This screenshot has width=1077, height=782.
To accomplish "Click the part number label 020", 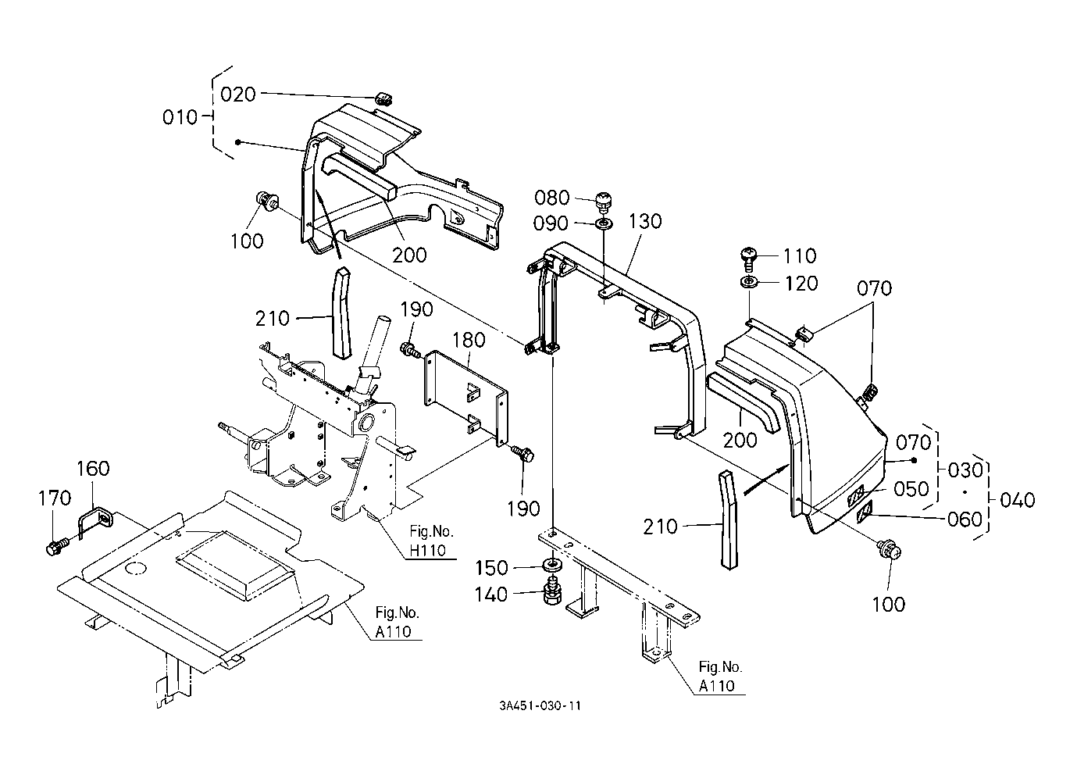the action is [x=237, y=95].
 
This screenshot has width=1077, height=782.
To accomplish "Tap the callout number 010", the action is [x=180, y=117].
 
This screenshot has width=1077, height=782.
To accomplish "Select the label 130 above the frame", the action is [x=645, y=221].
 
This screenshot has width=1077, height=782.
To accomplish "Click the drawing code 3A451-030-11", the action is [x=540, y=705].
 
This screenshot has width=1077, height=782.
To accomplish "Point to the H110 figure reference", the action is [x=427, y=550].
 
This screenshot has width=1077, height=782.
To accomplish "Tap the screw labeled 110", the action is [x=748, y=257].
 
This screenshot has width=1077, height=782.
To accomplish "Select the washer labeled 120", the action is [x=749, y=282].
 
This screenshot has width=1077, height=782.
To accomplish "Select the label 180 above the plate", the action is [x=469, y=340].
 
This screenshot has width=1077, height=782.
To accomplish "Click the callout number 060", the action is [x=964, y=520].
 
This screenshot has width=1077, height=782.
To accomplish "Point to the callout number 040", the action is [x=1018, y=500].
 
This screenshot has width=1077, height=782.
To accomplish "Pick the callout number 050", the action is [x=911, y=489].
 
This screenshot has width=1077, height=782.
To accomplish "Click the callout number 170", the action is [x=55, y=498].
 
